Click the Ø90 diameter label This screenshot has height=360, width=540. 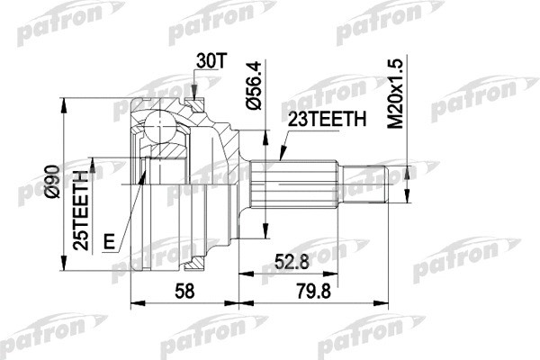click(52, 184)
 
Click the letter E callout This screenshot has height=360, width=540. click(109, 240)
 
